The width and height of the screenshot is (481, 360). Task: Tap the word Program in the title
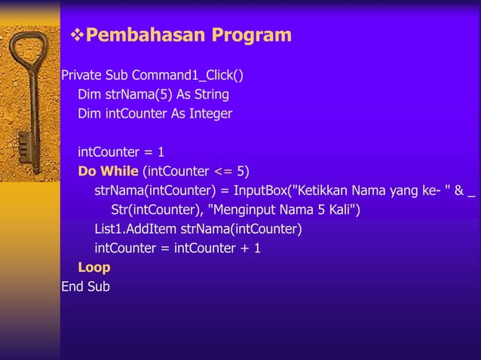tap(251, 35)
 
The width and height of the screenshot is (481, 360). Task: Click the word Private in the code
tap(81, 76)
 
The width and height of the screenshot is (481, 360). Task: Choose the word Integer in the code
tap(208, 114)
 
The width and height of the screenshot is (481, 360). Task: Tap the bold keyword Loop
tap(94, 267)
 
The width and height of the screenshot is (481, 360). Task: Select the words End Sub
tap(85, 287)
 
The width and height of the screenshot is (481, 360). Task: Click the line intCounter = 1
tap(121, 151)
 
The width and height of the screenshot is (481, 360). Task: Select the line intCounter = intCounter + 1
tap(178, 249)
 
